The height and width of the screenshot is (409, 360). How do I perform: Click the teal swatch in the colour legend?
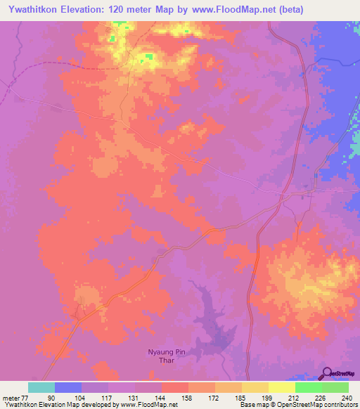pos(41,387)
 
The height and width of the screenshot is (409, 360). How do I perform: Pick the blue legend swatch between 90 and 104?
pos(68,387)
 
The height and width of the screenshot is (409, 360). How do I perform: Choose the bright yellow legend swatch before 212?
pos(282,387)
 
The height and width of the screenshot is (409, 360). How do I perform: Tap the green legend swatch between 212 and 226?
pos(309,387)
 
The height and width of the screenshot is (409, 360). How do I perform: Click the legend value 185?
pos(240,398)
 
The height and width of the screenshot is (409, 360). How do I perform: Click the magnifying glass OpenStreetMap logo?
pos(328,373)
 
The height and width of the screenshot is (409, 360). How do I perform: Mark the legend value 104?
pos(82,398)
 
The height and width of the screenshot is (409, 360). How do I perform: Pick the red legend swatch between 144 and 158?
pos(175,387)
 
